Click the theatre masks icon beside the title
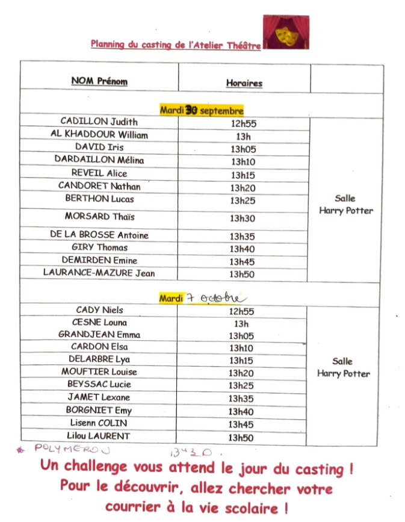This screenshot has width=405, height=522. [x=286, y=33]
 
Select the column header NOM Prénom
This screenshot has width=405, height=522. [x=99, y=81]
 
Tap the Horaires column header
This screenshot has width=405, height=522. [x=244, y=82]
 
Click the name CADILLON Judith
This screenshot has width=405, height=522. [x=99, y=122]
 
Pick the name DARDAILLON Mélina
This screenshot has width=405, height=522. [x=99, y=160]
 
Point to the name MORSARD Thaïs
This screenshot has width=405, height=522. [x=96, y=217]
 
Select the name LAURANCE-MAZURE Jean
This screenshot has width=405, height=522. [x=99, y=273]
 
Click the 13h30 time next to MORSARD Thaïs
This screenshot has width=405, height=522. [x=243, y=219]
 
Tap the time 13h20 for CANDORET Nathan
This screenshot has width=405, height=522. [x=243, y=187]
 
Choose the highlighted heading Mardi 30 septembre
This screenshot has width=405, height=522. [x=202, y=110]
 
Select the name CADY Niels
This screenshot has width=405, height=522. [x=99, y=310]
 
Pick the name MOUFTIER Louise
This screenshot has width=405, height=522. [x=99, y=372]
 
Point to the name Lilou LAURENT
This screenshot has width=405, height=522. [x=99, y=436]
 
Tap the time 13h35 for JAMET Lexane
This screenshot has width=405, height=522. [x=243, y=399]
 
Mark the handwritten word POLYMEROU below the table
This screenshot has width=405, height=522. [x=72, y=449]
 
